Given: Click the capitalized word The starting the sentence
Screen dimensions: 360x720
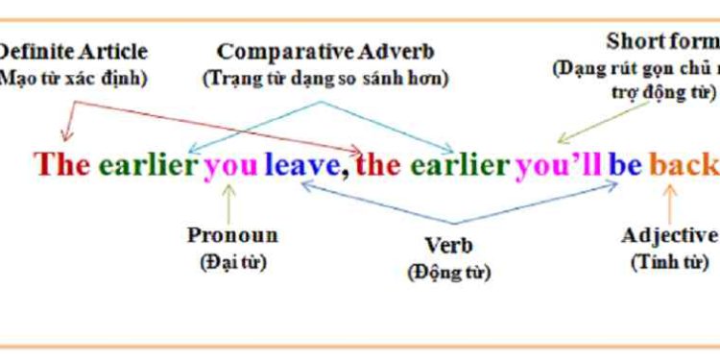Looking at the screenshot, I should pyautogui.click(x=62, y=164).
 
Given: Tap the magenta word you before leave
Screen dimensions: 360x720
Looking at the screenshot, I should pyautogui.click(x=230, y=165).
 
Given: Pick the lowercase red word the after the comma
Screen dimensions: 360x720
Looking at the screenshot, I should pyautogui.click(x=378, y=164).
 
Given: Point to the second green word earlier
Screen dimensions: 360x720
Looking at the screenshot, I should pyautogui.click(x=460, y=164).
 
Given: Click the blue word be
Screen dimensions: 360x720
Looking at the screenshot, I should pyautogui.click(x=625, y=164).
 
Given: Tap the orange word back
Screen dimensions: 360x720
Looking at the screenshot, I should pyautogui.click(x=683, y=165).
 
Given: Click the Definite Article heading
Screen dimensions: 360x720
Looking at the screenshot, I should pyautogui.click(x=73, y=51).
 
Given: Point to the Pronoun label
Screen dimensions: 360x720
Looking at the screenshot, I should pyautogui.click(x=232, y=235).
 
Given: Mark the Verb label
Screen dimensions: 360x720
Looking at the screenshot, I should pyautogui.click(x=448, y=246).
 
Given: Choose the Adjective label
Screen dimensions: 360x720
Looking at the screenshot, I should pyautogui.click(x=669, y=236).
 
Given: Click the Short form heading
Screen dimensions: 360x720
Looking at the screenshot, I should pyautogui.click(x=662, y=42).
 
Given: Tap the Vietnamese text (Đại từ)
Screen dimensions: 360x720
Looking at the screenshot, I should pyautogui.click(x=232, y=261).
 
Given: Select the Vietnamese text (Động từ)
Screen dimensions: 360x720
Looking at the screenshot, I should pyautogui.click(x=448, y=273).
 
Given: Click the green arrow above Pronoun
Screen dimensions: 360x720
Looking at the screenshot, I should pyautogui.click(x=228, y=202).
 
